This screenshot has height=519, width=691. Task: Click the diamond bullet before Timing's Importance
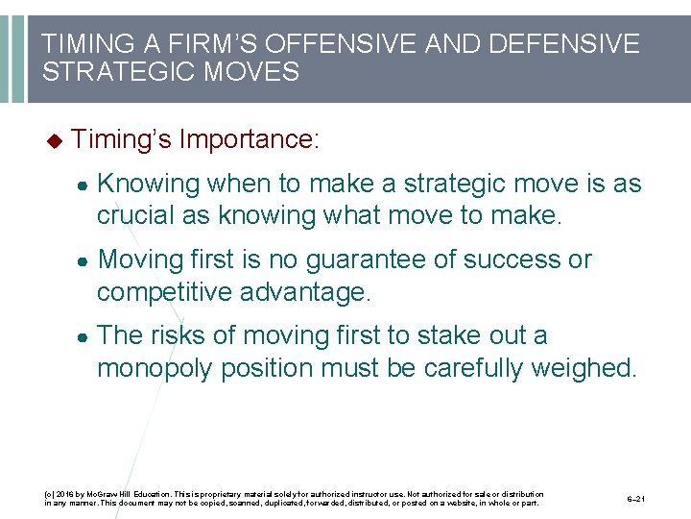54,140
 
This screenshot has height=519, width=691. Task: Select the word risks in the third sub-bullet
176,335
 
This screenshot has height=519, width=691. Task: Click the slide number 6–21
635,499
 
